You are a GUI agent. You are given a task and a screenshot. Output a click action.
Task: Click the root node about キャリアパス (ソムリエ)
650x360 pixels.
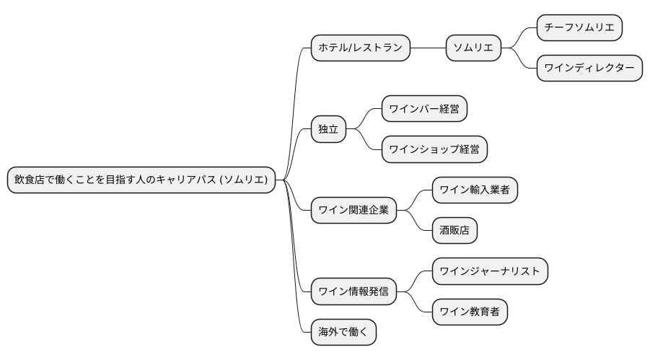pyautogui.click(x=141, y=180)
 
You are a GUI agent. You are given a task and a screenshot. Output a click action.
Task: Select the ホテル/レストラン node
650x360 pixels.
pyautogui.click(x=360, y=48)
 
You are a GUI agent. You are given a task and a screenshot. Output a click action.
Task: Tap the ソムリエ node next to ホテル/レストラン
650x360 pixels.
pyautogui.click(x=473, y=48)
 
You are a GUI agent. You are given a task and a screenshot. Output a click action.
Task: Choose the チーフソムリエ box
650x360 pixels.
pyautogui.click(x=579, y=28)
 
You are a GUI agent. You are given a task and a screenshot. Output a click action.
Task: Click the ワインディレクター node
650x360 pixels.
pyautogui.click(x=589, y=68)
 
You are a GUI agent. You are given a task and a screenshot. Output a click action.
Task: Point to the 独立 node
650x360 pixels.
pyautogui.click(x=328, y=130)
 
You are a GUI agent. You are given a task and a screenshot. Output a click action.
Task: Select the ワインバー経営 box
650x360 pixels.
pyautogui.click(x=424, y=110)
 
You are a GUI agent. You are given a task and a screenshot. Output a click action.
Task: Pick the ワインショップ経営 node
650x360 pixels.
pyautogui.click(x=434, y=149)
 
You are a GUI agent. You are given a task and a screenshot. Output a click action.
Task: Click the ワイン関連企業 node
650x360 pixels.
pyautogui.click(x=353, y=211)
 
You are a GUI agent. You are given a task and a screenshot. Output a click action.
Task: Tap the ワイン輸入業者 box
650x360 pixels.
pyautogui.click(x=475, y=190)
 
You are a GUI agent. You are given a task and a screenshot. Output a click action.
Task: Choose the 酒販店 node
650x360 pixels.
pyautogui.click(x=454, y=231)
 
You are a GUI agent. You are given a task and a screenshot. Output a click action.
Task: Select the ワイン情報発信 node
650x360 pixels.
pyautogui.click(x=353, y=291)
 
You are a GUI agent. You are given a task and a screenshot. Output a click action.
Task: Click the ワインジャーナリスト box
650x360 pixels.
pyautogui.click(x=490, y=271)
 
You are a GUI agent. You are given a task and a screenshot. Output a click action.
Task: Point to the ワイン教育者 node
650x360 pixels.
pyautogui.click(x=470, y=312)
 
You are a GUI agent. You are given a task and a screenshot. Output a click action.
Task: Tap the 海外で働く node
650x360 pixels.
pyautogui.click(x=343, y=332)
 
